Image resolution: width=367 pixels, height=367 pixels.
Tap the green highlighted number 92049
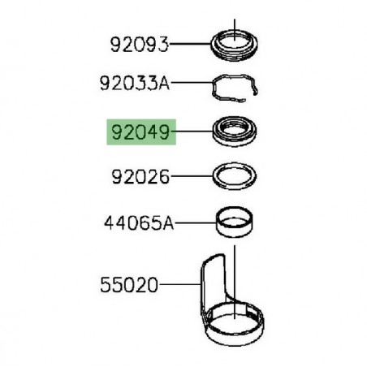click(x=139, y=129)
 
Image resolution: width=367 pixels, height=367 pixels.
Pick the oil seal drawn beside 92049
click(x=233, y=130)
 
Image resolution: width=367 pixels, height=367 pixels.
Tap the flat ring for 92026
click(x=233, y=175)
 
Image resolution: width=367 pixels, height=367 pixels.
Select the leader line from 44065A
click(x=196, y=220)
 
